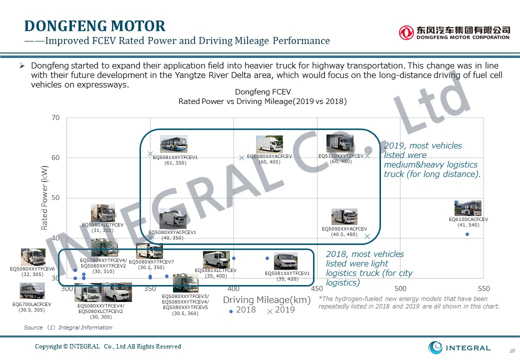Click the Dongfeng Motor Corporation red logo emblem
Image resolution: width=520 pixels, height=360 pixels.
tap(406, 32)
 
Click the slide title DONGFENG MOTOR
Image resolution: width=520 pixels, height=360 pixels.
tap(95, 26)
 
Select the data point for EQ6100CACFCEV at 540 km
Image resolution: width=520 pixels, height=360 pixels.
tap(467, 234)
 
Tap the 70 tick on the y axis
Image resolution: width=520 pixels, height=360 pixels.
tap(55, 118)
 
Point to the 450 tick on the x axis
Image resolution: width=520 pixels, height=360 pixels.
tap(316, 288)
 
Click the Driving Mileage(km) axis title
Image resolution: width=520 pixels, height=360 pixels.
tap(267, 299)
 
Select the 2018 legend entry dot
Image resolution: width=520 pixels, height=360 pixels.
tap(231, 311)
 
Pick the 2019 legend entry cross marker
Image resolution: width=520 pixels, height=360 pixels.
tap(270, 311)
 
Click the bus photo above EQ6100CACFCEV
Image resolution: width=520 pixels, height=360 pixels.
tap(467, 208)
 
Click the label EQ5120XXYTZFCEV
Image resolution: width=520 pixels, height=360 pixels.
tap(341, 156)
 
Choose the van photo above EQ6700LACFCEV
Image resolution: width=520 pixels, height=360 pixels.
tap(32, 290)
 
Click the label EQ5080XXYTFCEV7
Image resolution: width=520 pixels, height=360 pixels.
tap(151, 262)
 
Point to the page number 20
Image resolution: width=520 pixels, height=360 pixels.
tap(511, 350)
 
